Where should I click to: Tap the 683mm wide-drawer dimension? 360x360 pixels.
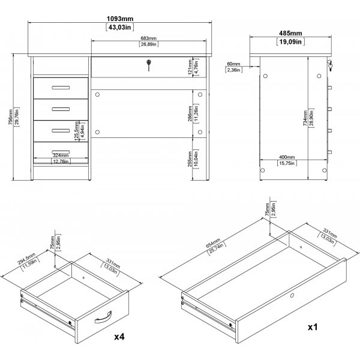pos(149,38)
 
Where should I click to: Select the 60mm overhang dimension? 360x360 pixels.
pos(233,63)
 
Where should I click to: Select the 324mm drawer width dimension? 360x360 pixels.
pos(60,155)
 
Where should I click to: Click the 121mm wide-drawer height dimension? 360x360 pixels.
pos(190,68)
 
